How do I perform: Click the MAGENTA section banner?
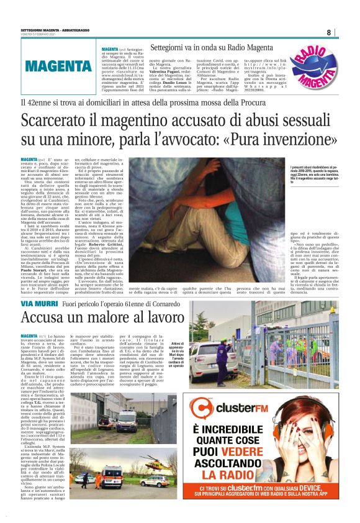coord(59,66)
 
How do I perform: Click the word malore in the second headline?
coord(113,319)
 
